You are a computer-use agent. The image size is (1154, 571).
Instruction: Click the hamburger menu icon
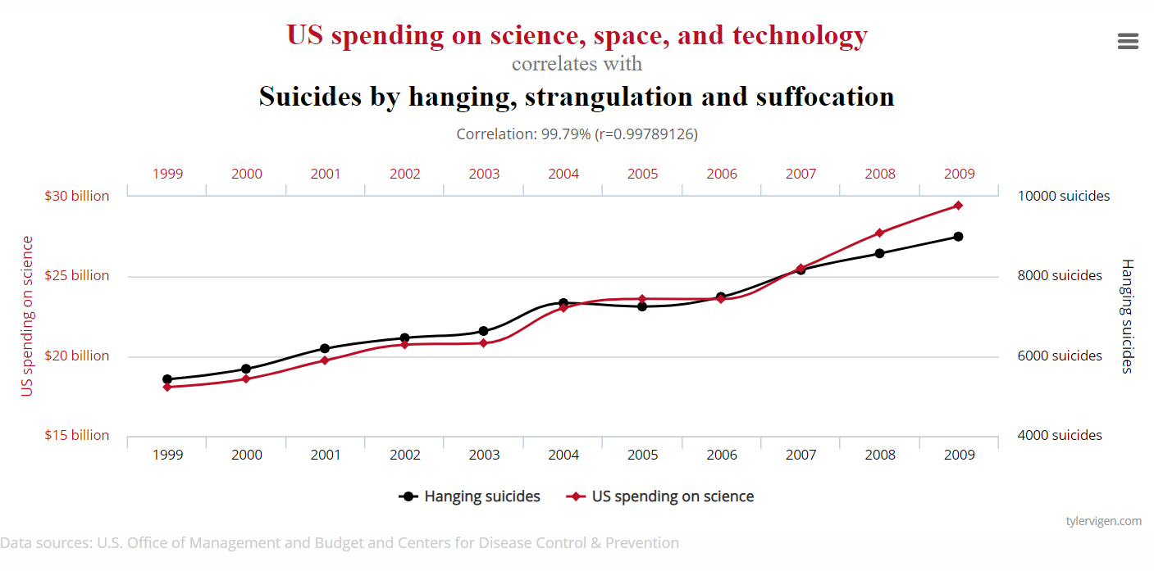coord(1128,42)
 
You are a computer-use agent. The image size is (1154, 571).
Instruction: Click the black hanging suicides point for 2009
coord(958,237)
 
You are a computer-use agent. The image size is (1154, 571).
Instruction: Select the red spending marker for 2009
coord(958,206)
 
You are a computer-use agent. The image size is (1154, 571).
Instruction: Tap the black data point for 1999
coord(167,379)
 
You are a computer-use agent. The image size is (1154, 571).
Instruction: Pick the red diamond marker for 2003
coord(483,343)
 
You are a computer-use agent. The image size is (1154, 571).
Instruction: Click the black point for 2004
coord(563,303)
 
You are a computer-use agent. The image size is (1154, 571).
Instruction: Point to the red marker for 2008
coord(879,233)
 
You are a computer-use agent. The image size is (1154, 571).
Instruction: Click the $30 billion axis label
coord(77,196)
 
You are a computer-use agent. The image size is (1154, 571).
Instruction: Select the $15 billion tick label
coord(77,435)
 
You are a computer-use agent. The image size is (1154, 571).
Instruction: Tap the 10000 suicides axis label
coord(1063,196)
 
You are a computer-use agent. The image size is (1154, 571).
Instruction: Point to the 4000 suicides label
coord(1060,435)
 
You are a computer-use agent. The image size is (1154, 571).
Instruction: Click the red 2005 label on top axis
coord(642,174)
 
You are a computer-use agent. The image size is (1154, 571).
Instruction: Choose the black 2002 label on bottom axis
coord(404,455)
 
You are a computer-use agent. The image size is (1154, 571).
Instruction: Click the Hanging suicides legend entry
coord(470,496)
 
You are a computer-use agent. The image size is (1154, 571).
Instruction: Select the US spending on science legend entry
coord(660,496)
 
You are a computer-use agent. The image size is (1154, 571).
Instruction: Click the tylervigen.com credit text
coord(1103,521)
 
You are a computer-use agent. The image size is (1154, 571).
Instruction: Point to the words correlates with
coord(577,63)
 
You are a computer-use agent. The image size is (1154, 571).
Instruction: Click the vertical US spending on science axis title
coord(28,316)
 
